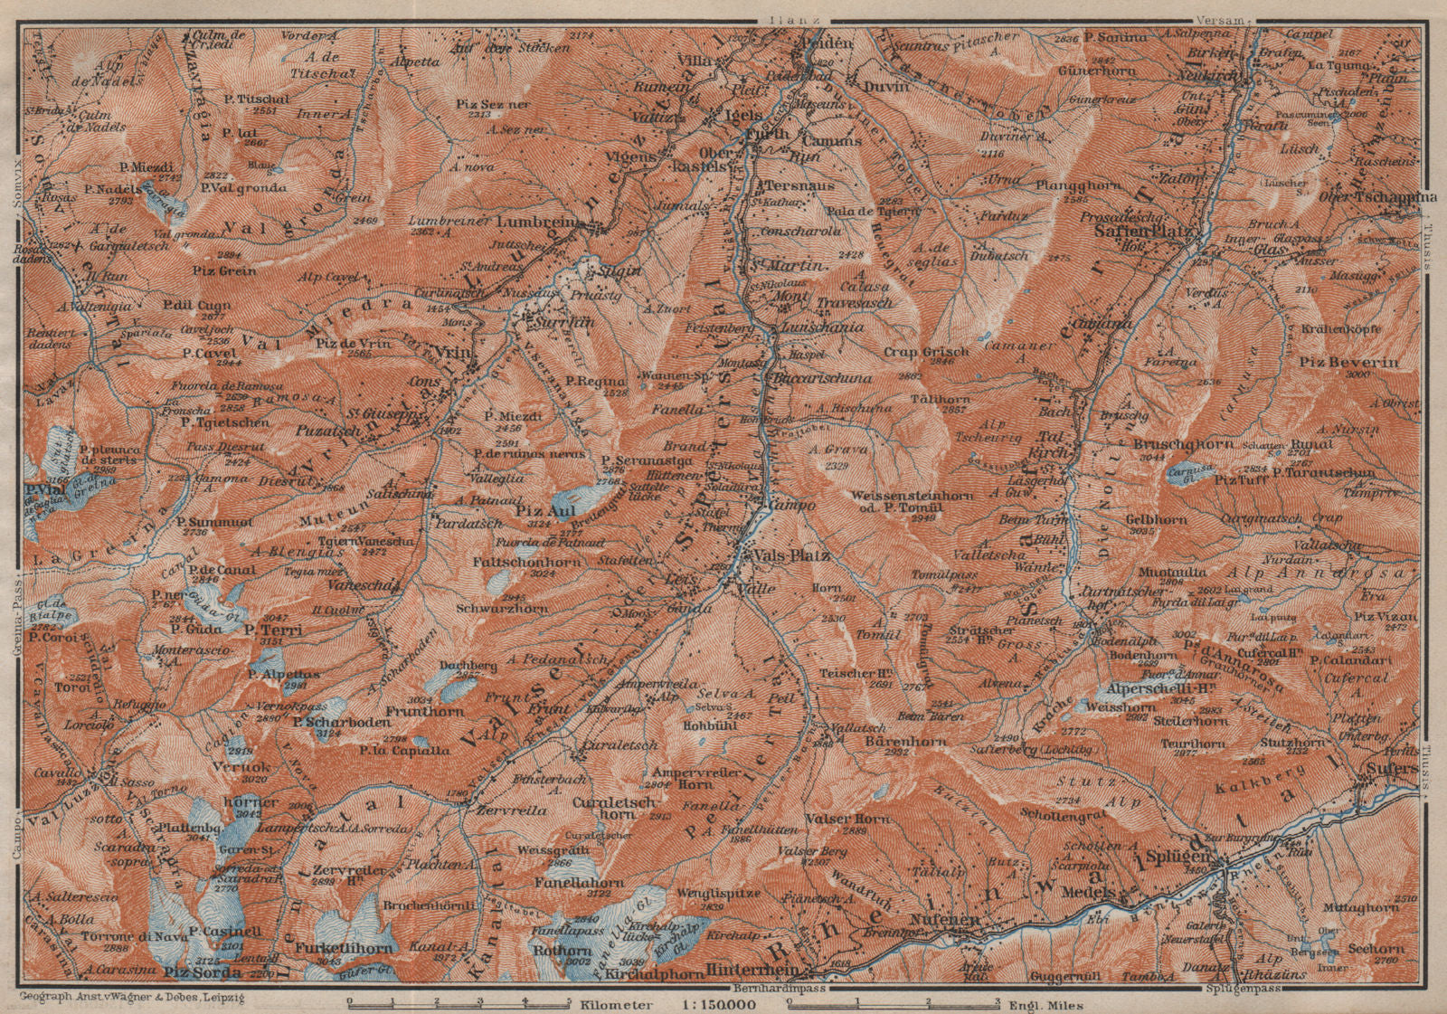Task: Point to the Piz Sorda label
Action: (203, 972)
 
